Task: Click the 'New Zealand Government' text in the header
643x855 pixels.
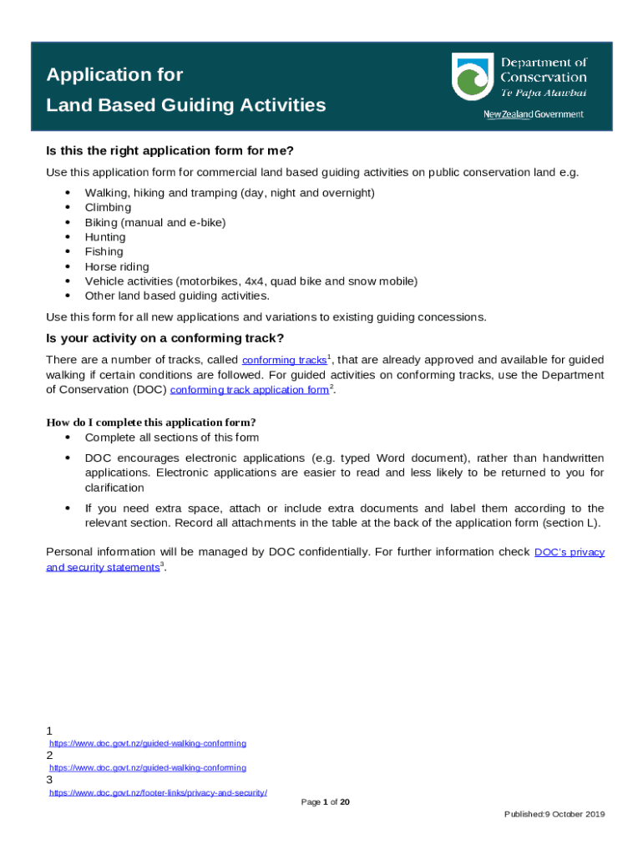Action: [534, 114]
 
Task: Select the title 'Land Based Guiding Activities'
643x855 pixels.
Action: [185, 105]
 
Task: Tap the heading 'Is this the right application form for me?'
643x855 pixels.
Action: [170, 151]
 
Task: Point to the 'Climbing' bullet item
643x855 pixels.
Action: [108, 207]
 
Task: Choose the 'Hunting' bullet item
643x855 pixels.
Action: [105, 237]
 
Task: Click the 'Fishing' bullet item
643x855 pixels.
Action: [104, 251]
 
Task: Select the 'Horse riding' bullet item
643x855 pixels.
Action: [117, 267]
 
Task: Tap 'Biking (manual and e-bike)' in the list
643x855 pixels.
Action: [154, 222]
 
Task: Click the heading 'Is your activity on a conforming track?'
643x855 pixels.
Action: [165, 338]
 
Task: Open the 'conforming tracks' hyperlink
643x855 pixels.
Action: [284, 360]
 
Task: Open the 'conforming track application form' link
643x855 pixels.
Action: [249, 390]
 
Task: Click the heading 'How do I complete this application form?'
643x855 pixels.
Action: [150, 422]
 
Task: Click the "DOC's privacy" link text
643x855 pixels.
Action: [569, 552]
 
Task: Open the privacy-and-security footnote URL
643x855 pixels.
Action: [158, 792]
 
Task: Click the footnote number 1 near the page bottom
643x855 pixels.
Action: [49, 731]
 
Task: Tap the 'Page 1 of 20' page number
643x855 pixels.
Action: [325, 802]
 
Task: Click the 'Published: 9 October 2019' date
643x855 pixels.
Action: [554, 814]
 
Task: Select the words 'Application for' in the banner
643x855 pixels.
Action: [114, 75]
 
